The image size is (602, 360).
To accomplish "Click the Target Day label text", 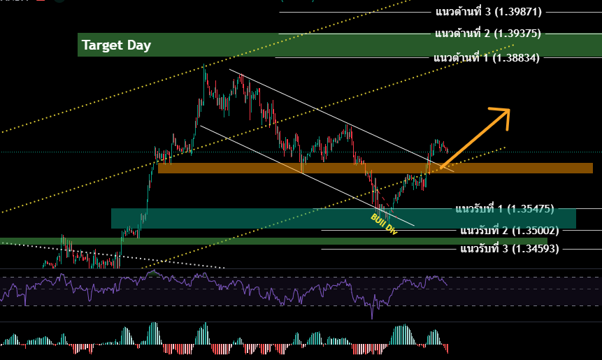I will (x=116, y=46).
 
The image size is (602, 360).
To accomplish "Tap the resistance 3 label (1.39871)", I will (x=487, y=12).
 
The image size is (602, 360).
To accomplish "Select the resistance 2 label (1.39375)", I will (x=487, y=34).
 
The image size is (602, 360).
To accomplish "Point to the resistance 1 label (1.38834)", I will (x=487, y=58).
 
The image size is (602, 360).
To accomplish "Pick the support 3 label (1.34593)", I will (x=509, y=248).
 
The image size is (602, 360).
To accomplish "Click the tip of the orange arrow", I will (x=509, y=110).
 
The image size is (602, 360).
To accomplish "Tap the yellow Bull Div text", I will (x=383, y=223).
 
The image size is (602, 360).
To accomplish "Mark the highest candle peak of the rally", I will (x=204, y=66).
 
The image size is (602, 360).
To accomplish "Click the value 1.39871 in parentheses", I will (x=517, y=12).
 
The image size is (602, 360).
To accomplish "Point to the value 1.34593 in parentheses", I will (x=535, y=248).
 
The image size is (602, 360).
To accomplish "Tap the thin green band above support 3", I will (x=210, y=241).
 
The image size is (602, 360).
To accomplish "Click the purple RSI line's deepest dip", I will (x=372, y=317).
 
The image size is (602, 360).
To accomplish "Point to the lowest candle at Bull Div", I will (x=381, y=212).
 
